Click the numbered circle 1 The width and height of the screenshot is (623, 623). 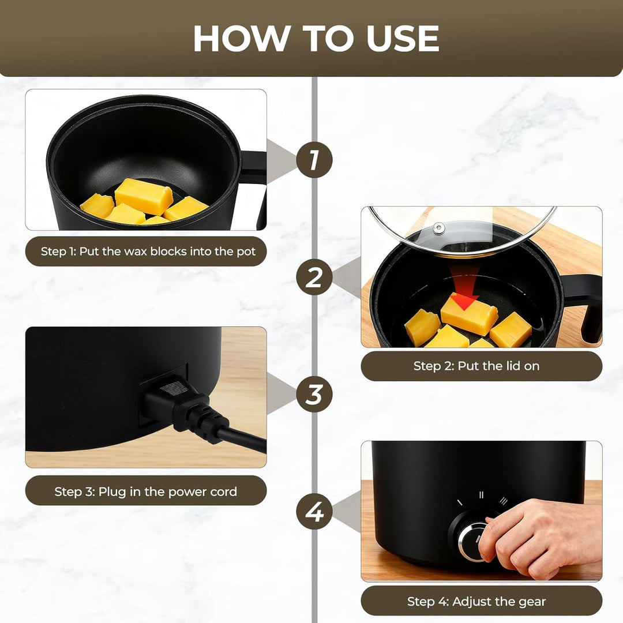click(314, 160)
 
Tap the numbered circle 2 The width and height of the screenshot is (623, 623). click(314, 277)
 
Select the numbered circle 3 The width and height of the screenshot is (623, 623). click(314, 394)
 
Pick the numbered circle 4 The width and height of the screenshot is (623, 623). click(314, 511)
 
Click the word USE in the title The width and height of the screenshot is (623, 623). click(403, 39)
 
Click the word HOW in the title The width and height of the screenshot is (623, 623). click(241, 39)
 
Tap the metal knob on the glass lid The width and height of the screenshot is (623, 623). click(438, 228)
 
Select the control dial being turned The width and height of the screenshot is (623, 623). click(473, 536)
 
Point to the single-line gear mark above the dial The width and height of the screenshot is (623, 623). click(460, 502)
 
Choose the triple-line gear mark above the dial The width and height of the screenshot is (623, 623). click(504, 501)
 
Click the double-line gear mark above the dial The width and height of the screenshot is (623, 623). click(481, 495)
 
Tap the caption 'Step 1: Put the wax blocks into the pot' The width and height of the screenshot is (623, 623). click(148, 252)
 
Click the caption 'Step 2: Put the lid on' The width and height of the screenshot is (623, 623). click(476, 366)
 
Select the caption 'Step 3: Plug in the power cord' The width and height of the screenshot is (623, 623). click(145, 491)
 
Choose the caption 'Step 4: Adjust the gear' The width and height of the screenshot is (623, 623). click(476, 602)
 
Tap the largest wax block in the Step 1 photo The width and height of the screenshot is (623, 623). click(144, 196)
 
